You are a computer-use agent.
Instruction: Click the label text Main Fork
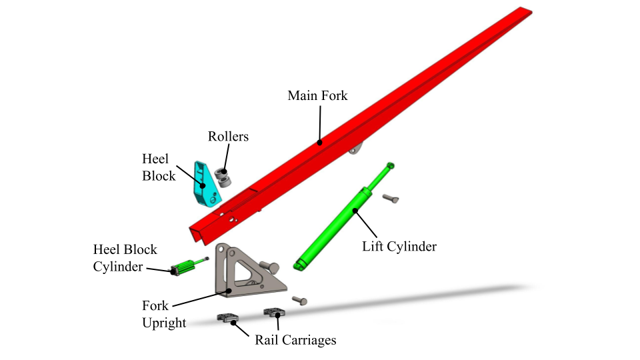[317, 95]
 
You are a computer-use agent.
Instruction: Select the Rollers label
[228, 137]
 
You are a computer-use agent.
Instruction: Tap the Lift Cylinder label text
[399, 246]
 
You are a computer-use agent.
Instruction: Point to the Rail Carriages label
[295, 340]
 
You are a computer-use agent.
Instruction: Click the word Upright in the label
[164, 323]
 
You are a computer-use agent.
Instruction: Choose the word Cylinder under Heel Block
[118, 267]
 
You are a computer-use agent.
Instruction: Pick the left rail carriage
[229, 318]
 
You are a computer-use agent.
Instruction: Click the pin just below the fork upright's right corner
[300, 301]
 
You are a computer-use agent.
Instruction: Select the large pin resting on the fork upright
[268, 267]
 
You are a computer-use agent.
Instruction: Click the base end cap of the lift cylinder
[299, 266]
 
